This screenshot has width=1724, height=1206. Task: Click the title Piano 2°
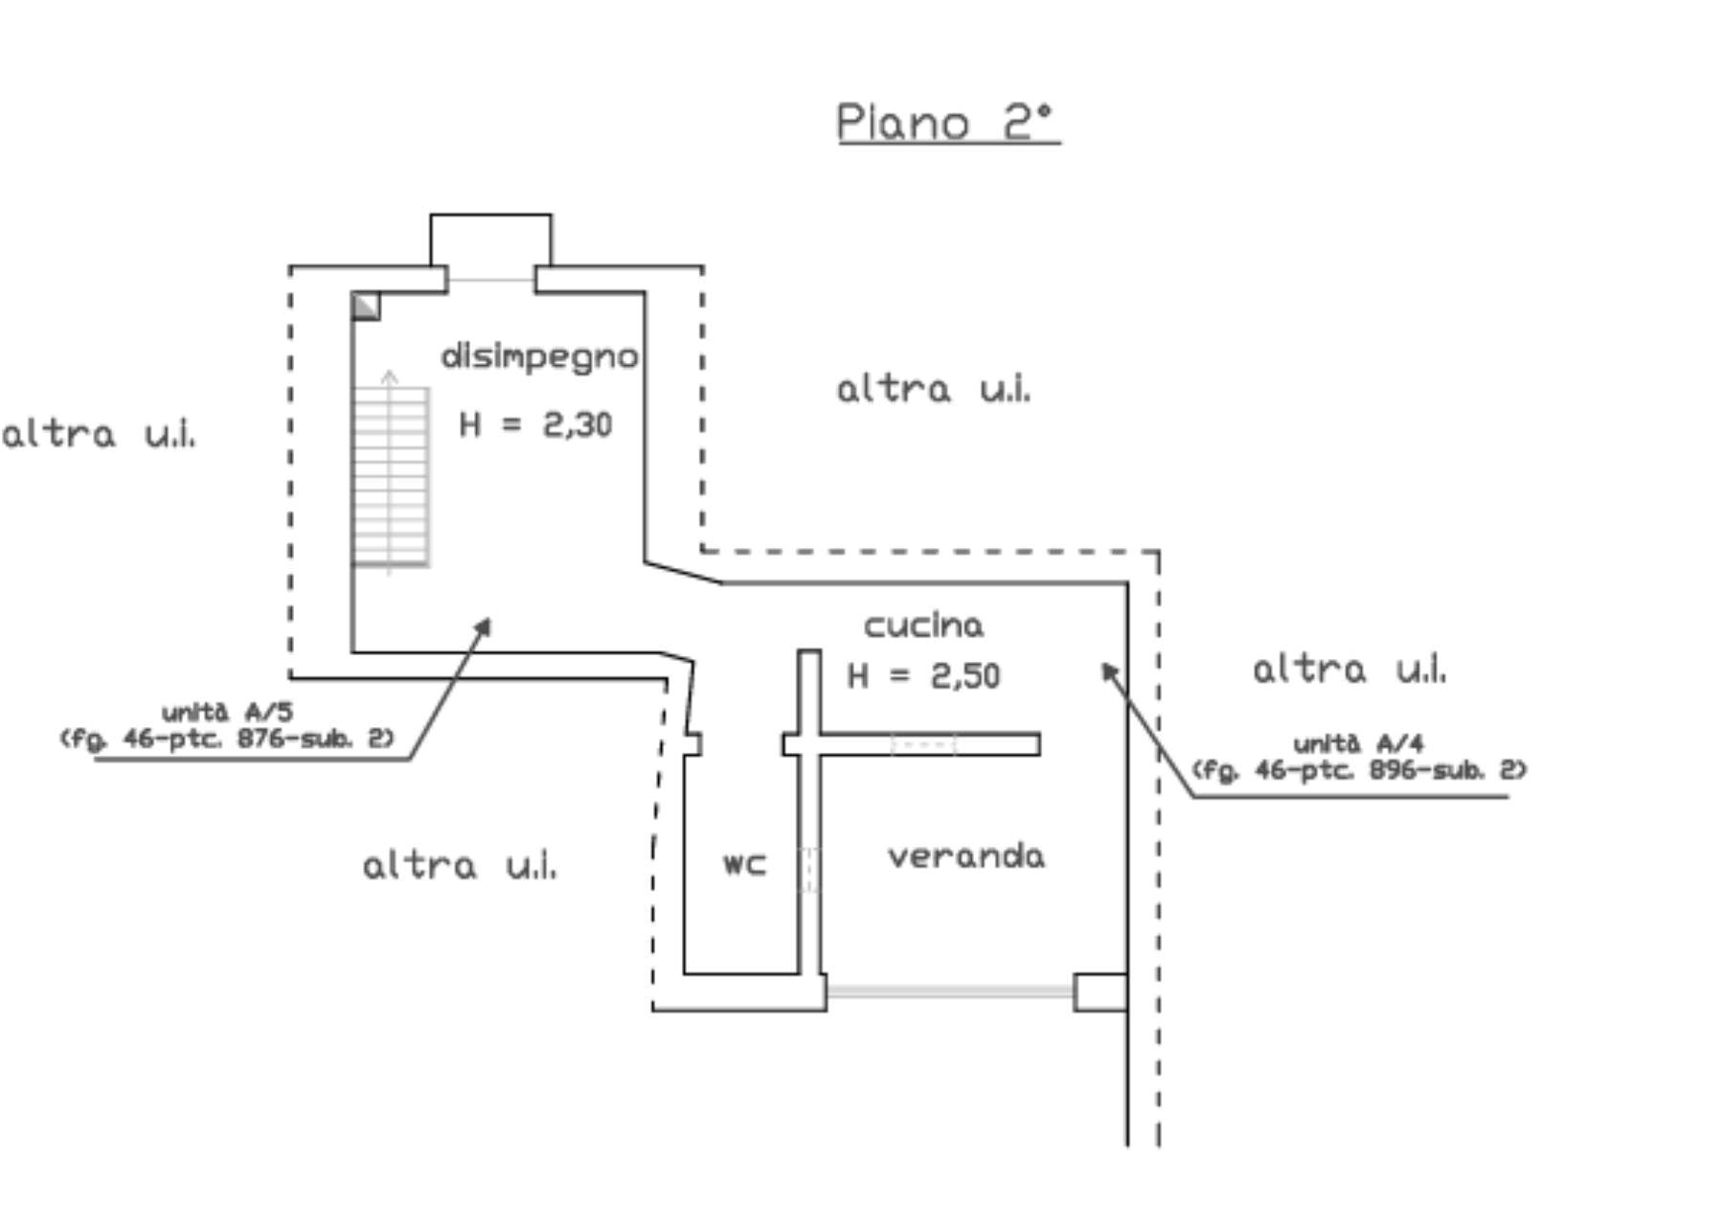click(x=947, y=123)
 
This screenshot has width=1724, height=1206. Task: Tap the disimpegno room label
click(x=539, y=357)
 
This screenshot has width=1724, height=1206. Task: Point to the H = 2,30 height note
click(x=535, y=424)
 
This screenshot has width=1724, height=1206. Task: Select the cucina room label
click(x=923, y=626)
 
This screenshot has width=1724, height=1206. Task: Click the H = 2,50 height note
click(x=923, y=676)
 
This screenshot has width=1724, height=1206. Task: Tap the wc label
click(x=744, y=863)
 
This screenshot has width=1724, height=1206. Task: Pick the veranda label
click(x=965, y=855)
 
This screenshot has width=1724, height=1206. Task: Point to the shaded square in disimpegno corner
click(x=366, y=307)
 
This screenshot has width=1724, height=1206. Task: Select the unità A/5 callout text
click(x=227, y=726)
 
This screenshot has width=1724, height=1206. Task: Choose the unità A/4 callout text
click(x=1358, y=757)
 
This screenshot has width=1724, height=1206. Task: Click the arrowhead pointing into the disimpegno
click(x=484, y=626)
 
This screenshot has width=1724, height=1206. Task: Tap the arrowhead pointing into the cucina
click(x=1109, y=670)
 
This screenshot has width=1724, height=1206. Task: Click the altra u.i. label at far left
click(x=99, y=435)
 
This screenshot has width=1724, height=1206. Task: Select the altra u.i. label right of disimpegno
click(x=933, y=389)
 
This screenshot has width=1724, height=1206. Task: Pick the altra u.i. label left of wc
click(x=459, y=866)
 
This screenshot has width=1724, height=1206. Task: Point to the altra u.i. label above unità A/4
click(x=1349, y=669)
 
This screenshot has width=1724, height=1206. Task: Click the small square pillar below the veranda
click(x=1100, y=991)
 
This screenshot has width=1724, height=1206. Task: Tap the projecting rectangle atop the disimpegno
click(x=490, y=240)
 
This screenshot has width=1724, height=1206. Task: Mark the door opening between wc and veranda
click(x=809, y=869)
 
